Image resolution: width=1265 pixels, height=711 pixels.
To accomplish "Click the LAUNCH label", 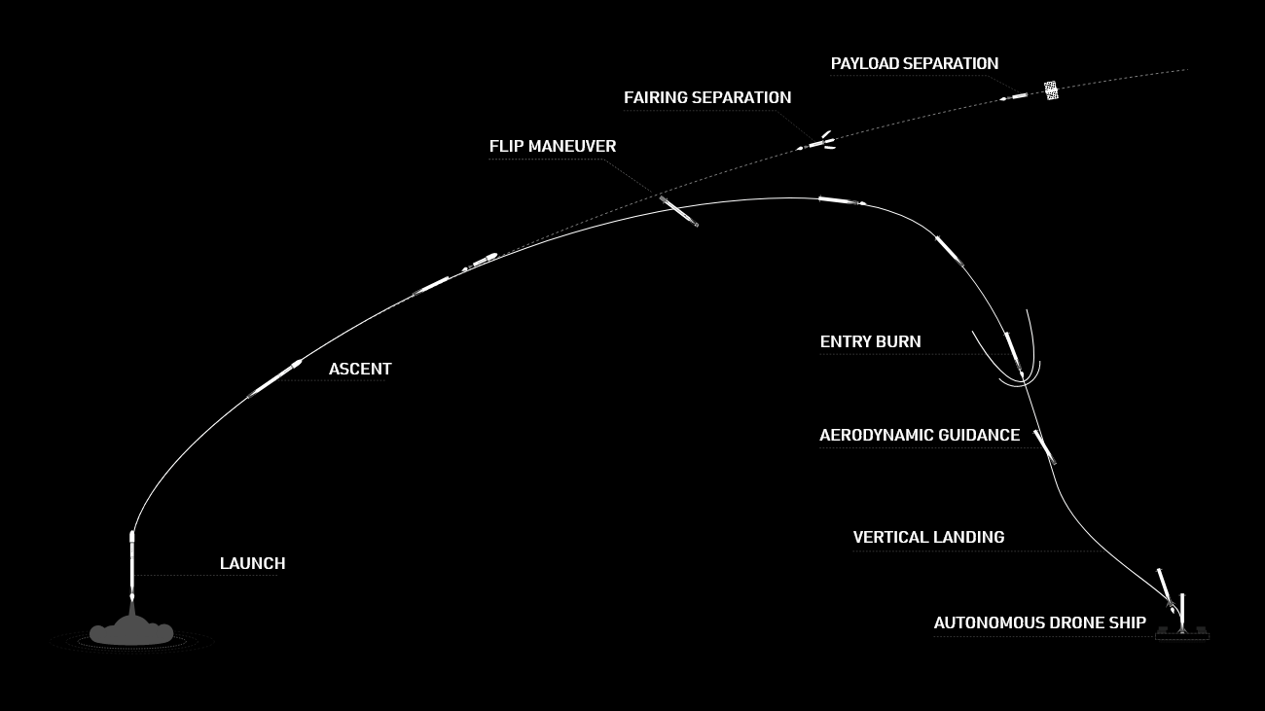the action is pyautogui.click(x=252, y=563).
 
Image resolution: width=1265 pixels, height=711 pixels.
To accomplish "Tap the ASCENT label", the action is pyautogui.click(x=360, y=369).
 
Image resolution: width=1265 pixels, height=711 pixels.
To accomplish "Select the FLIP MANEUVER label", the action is pyautogui.click(x=553, y=146).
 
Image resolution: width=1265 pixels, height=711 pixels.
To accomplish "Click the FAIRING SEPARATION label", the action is pyautogui.click(x=707, y=97).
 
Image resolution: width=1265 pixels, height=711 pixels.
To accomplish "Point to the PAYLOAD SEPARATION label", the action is pyautogui.click(x=915, y=64).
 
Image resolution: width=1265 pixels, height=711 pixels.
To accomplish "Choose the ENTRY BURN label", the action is pyautogui.click(x=870, y=341).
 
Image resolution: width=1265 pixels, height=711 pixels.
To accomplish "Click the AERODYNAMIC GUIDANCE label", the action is pyautogui.click(x=920, y=435).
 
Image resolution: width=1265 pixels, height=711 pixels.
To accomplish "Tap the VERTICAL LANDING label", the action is pyautogui.click(x=928, y=537).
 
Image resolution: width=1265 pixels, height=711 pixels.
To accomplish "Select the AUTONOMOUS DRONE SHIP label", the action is pyautogui.click(x=1039, y=622).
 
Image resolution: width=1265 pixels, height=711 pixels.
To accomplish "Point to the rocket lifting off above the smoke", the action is pyautogui.click(x=132, y=565).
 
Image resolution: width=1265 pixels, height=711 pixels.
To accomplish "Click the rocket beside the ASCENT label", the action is pyautogui.click(x=274, y=378).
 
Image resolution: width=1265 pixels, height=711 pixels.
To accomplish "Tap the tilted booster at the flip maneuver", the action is pyautogui.click(x=679, y=212).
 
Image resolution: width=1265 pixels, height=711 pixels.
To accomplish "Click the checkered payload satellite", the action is pyautogui.click(x=1051, y=90).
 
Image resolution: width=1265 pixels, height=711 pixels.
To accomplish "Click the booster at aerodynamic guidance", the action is pyautogui.click(x=1045, y=447).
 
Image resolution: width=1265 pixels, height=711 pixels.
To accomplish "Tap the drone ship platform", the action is pyautogui.click(x=1182, y=633).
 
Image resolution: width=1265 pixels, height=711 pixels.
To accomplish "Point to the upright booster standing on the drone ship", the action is pyautogui.click(x=1182, y=612).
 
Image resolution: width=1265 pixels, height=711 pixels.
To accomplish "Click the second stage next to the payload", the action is pyautogui.click(x=1015, y=97).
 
